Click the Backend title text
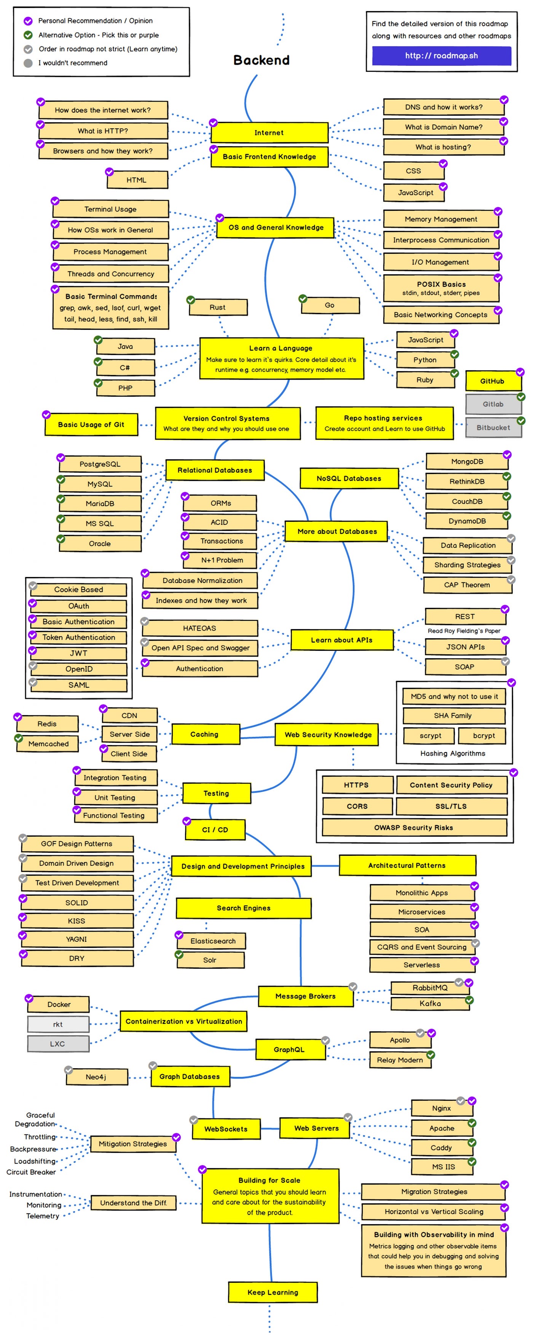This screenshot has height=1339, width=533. [x=261, y=60]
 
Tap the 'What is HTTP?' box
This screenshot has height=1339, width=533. [x=103, y=131]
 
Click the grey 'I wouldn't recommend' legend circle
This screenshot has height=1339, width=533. [x=28, y=63]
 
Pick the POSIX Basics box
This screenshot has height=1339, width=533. [x=441, y=288]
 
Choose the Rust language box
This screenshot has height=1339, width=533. [x=218, y=307]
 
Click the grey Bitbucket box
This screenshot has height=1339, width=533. [x=493, y=427]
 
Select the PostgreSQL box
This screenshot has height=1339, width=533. [x=99, y=464]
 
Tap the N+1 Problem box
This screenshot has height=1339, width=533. [x=222, y=560]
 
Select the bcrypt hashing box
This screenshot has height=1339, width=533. [x=484, y=736]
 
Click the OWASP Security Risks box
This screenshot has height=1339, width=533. [x=414, y=827]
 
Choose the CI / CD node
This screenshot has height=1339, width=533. [x=215, y=830]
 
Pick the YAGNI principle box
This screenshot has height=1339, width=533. [x=77, y=939]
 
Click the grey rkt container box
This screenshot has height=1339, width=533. [x=58, y=1024]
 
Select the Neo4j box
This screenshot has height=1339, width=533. [x=96, y=1077]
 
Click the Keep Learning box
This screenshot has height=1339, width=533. [x=273, y=1292]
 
